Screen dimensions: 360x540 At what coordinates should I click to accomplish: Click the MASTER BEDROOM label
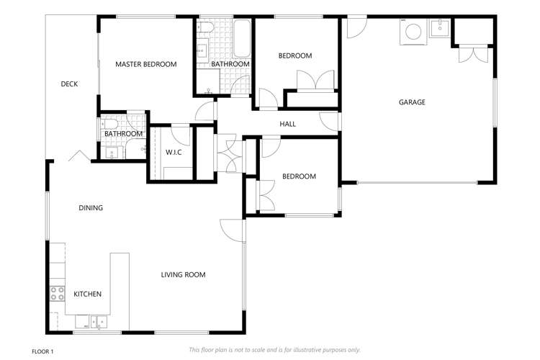(145, 64)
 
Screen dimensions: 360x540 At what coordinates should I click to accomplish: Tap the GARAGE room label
(412, 102)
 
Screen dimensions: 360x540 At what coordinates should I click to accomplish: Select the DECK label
(69, 84)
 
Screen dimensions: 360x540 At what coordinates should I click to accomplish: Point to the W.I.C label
(174, 152)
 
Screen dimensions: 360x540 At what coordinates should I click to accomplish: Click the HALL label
(288, 124)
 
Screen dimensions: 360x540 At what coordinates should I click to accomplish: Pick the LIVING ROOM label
(183, 274)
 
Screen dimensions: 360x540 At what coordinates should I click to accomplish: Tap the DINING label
(91, 208)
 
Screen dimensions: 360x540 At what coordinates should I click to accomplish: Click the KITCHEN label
(87, 294)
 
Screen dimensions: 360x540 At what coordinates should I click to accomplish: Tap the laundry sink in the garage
(438, 29)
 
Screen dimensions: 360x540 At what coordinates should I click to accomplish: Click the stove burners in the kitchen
(57, 294)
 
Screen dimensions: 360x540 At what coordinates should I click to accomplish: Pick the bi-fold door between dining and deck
(77, 156)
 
